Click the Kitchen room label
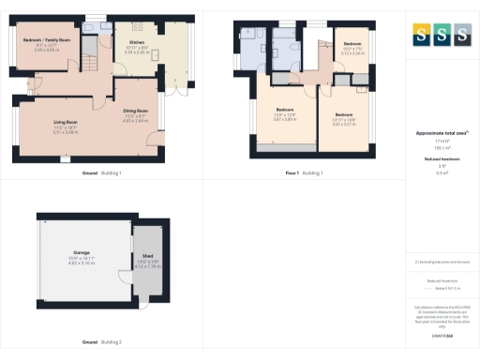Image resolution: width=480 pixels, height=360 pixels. [136, 43]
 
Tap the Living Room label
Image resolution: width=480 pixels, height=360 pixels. [65, 123]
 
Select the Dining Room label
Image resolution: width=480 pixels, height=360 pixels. [136, 112]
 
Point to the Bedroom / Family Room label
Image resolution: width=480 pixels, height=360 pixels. [46, 41]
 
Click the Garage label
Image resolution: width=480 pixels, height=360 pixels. [75, 254]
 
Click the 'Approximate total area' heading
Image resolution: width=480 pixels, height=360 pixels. [440, 133]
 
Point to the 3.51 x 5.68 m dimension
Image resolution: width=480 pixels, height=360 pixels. [65, 132]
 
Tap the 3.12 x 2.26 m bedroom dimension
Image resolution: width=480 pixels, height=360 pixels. [352, 53]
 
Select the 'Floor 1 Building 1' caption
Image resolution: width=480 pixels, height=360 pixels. [302, 173]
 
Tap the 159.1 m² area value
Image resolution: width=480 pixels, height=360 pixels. [440, 148]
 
